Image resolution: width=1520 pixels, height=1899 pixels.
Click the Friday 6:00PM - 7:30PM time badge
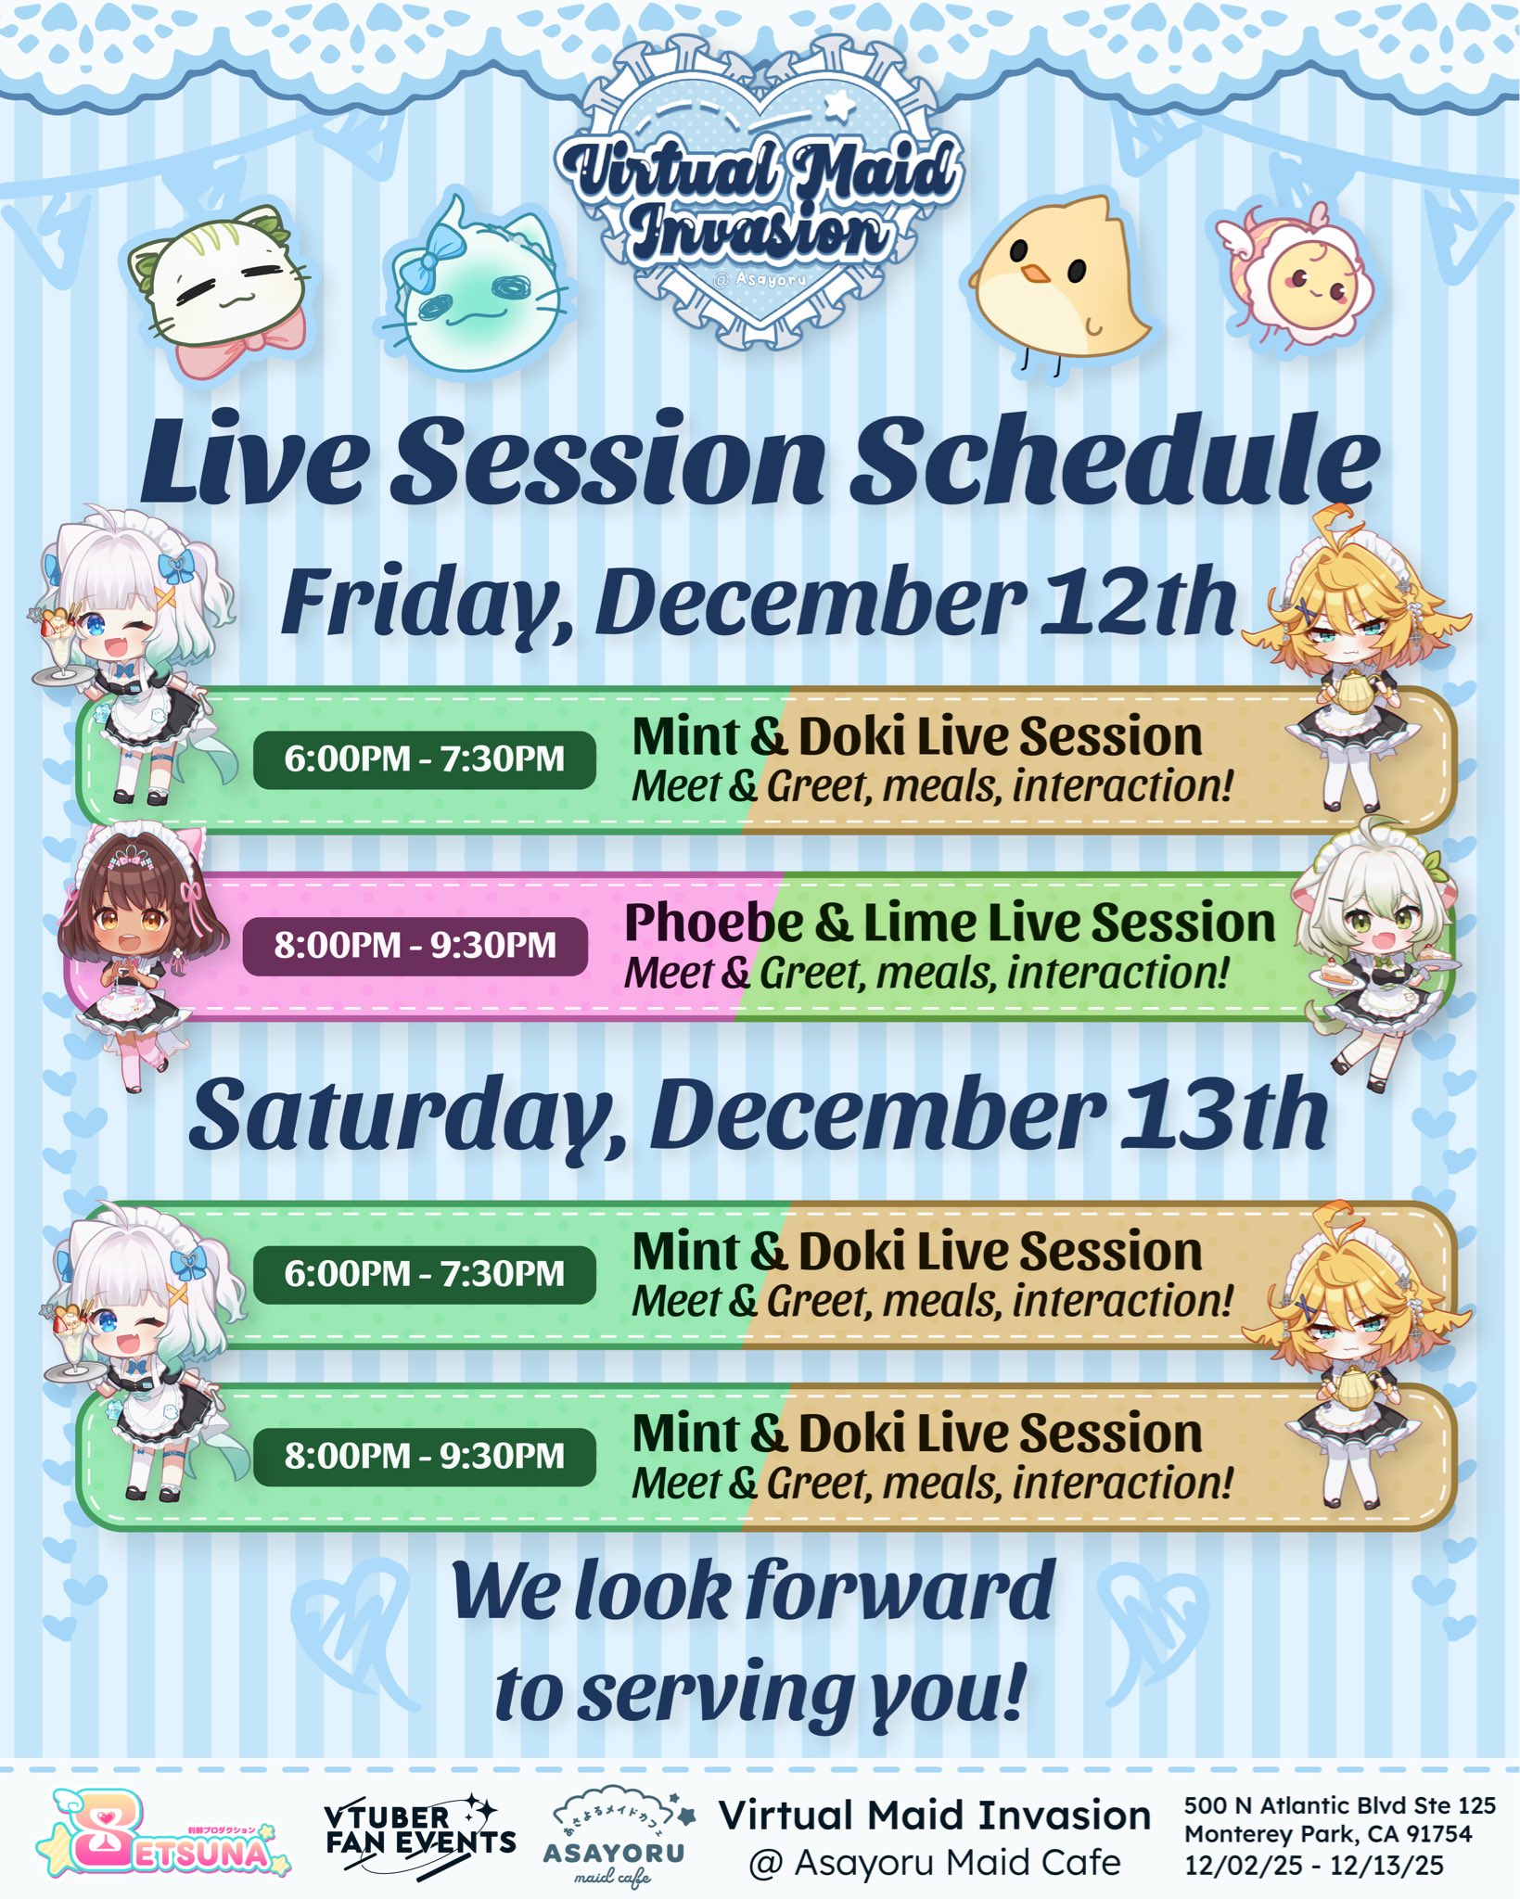click(424, 759)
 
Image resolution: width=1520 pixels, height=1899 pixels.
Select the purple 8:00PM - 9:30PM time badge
click(415, 946)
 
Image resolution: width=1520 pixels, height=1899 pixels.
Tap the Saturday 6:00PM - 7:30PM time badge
click(424, 1274)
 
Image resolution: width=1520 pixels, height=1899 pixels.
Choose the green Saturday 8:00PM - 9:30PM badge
click(424, 1456)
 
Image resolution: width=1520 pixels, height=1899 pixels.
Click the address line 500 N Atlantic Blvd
click(1340, 1805)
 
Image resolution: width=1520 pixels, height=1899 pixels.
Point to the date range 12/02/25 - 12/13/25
click(1314, 1865)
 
